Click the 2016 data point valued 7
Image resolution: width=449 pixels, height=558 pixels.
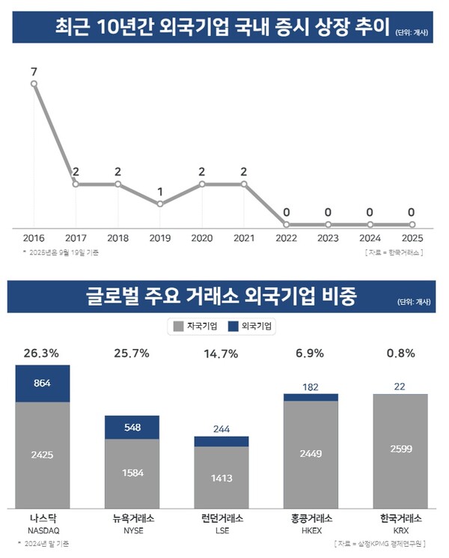tap(34, 84)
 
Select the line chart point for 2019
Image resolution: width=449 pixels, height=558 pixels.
tap(159, 204)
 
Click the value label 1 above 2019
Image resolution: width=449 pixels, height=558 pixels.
tap(159, 192)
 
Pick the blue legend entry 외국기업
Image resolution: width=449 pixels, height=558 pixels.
tap(252, 327)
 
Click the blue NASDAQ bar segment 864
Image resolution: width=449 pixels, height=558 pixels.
tap(42, 383)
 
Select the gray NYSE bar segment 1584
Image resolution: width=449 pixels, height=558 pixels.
tap(132, 472)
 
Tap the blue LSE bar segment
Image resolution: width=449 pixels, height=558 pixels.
tap(222, 442)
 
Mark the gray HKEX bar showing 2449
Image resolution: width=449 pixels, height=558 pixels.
tap(311, 453)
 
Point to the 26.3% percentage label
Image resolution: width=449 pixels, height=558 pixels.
tap(42, 351)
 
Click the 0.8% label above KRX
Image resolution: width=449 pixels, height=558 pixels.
tap(400, 351)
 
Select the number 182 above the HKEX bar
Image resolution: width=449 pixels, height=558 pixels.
tap(311, 386)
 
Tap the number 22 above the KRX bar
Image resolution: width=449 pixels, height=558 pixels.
tap(400, 386)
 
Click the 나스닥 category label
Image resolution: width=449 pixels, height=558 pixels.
tap(42, 518)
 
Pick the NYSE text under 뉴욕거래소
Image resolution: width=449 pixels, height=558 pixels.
tap(132, 530)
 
